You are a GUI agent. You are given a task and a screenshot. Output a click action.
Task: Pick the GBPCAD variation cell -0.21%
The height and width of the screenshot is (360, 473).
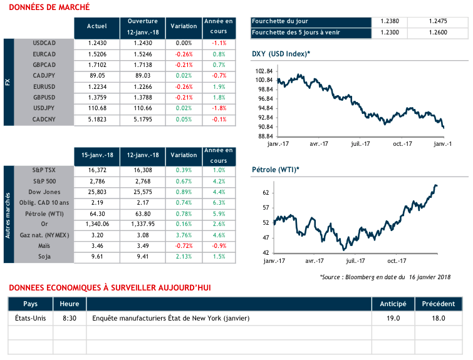[x=184, y=64]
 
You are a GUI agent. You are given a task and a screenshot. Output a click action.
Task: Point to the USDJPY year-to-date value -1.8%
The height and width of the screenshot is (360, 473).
[x=219, y=108]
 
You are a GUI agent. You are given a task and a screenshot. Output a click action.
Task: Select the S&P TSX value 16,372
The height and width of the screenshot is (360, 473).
[x=94, y=170]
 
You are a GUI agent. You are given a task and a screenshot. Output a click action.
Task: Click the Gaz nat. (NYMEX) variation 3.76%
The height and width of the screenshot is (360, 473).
[x=184, y=235]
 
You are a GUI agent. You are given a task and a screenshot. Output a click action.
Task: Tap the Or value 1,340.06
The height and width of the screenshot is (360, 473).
[x=94, y=224]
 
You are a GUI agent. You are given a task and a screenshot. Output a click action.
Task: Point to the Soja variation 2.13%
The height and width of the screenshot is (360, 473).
[x=184, y=257]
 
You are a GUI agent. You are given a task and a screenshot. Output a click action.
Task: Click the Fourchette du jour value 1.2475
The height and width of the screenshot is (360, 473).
[x=437, y=21]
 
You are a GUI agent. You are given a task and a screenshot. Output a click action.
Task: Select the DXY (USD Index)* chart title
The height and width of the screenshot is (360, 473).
[x=281, y=54]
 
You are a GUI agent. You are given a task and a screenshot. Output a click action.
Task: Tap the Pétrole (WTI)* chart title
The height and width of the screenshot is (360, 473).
[x=276, y=170]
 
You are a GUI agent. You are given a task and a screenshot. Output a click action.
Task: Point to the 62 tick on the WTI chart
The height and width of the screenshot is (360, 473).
[x=266, y=193]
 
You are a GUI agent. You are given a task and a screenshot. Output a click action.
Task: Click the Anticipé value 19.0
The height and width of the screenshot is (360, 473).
[x=393, y=319]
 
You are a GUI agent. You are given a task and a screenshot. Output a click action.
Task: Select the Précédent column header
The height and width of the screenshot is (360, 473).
[x=438, y=304]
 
